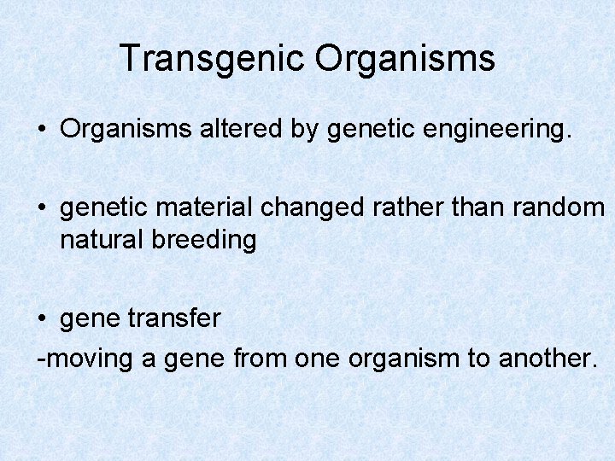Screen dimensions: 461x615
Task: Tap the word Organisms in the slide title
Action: (405, 59)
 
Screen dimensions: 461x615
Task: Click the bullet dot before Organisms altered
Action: (42, 130)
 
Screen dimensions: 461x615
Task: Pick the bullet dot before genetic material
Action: (42, 207)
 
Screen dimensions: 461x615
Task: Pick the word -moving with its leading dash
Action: (85, 359)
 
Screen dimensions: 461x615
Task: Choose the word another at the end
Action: (545, 358)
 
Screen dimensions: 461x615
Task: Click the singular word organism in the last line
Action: (404, 359)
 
